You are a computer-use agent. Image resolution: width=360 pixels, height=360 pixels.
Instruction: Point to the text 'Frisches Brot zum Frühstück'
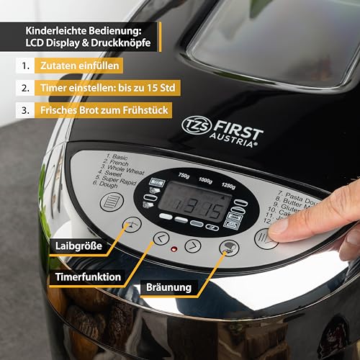[107, 112]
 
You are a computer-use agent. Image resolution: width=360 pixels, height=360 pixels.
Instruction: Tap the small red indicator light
[174, 250]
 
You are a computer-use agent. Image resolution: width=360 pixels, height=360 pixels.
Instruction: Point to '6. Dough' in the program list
[106, 184]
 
